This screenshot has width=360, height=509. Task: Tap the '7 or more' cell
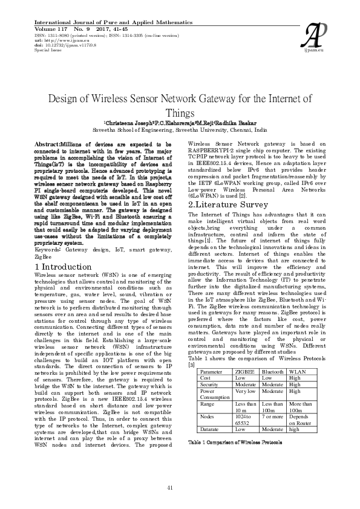click(273, 417)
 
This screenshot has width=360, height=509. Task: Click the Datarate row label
click(211, 429)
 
